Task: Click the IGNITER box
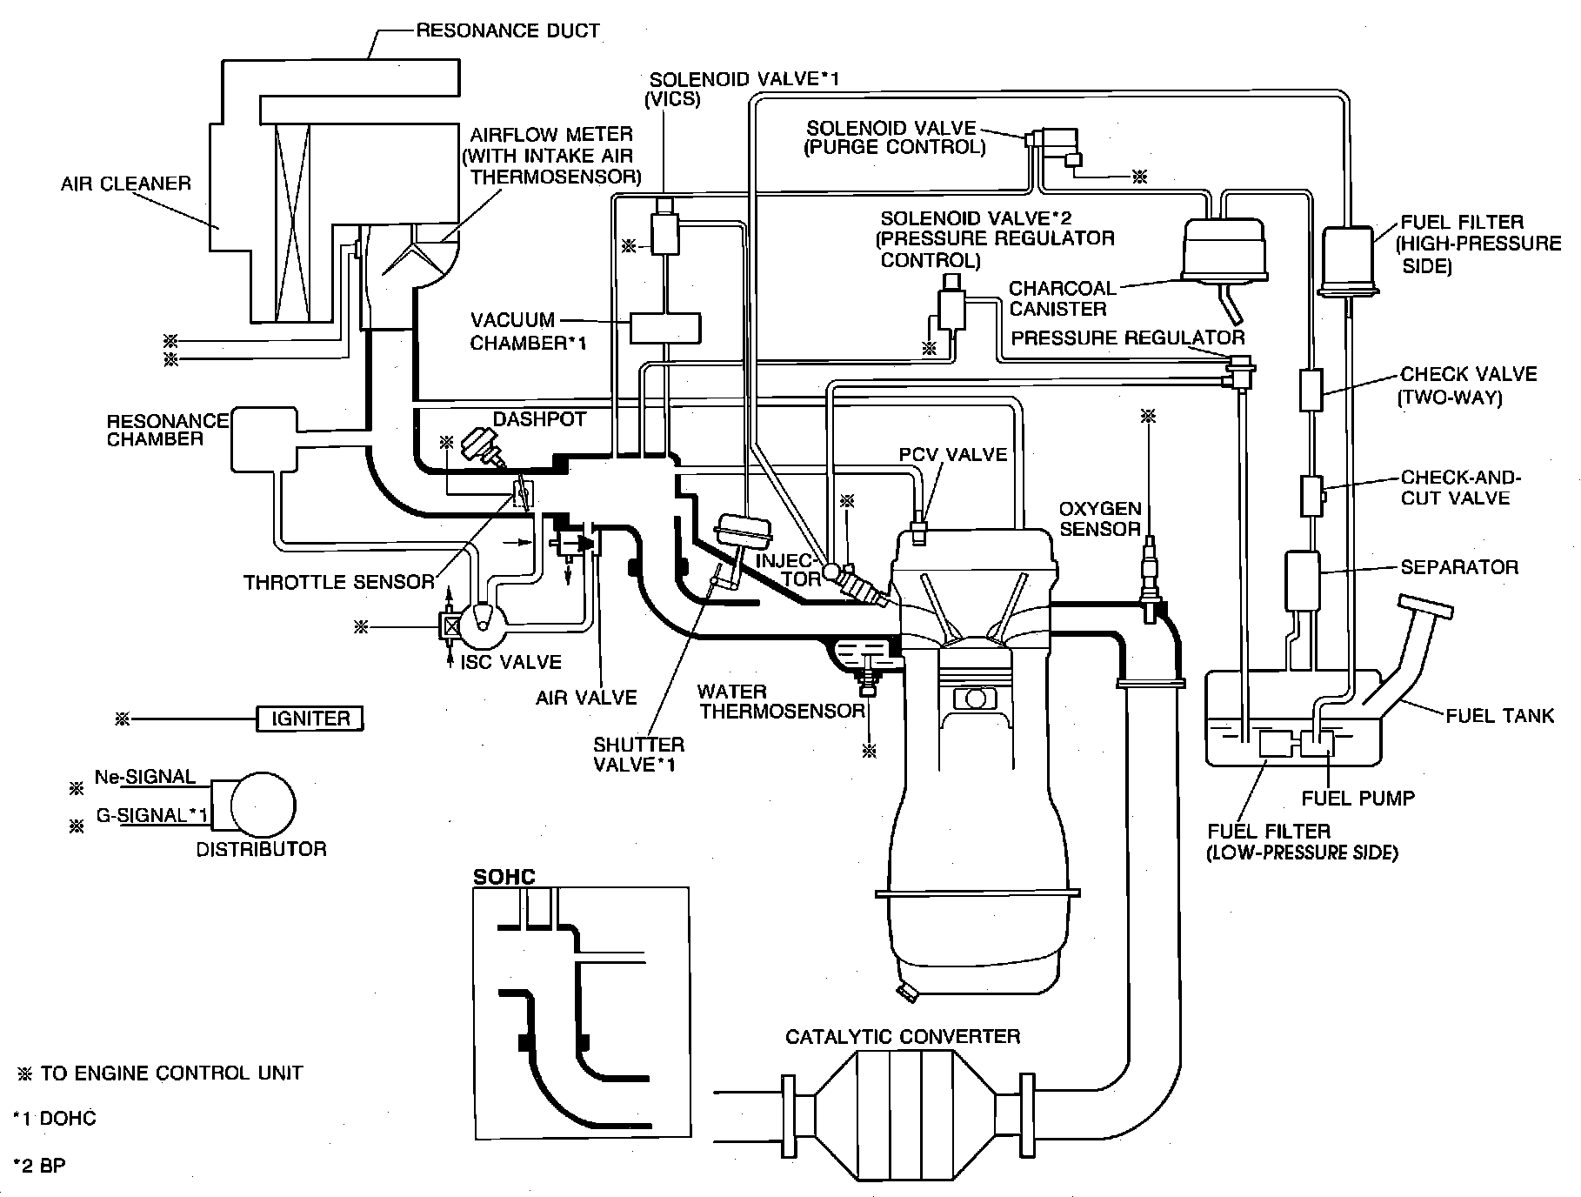(x=310, y=719)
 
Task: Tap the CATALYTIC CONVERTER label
(x=902, y=1036)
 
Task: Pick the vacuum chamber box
(x=665, y=327)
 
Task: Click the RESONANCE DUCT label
(x=508, y=30)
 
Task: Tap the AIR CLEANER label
(x=125, y=184)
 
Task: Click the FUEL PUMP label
(x=1358, y=797)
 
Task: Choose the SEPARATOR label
(x=1458, y=567)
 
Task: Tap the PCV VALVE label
(x=952, y=454)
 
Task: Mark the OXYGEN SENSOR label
(x=1098, y=518)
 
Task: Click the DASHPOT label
(x=539, y=418)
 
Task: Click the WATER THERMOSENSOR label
(x=781, y=701)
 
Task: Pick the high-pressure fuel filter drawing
(x=1345, y=261)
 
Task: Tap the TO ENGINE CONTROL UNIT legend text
(x=171, y=1073)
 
